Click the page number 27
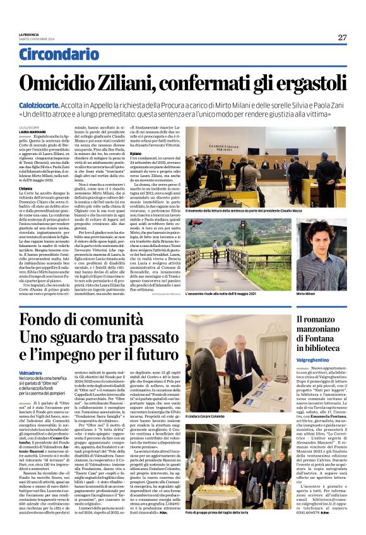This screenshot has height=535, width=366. click(341, 37)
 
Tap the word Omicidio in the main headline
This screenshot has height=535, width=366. click(73, 83)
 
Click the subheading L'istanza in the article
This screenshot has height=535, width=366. click(26, 188)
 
